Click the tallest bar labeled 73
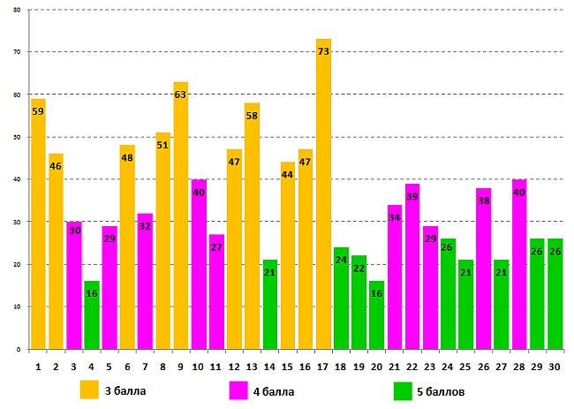coord(323,194)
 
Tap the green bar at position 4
coord(92,314)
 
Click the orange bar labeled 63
coord(181,216)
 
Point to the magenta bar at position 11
coord(216,292)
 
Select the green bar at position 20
coord(377,314)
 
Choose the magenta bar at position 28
coord(519,264)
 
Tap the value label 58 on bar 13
coord(252,117)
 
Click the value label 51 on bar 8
coord(163,146)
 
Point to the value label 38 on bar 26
coord(484,201)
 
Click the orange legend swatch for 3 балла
coord(89,389)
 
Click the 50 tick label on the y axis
coord(19,137)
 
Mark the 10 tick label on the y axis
coord(19,307)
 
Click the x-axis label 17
coord(323,365)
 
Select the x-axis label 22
coord(412,365)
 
